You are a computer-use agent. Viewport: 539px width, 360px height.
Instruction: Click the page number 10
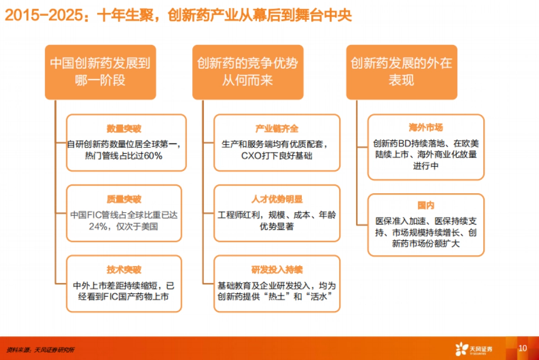[522, 348]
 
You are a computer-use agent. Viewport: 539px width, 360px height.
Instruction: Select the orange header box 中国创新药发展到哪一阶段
[100, 71]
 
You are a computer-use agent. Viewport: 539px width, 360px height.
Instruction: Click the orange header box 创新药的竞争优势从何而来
[247, 71]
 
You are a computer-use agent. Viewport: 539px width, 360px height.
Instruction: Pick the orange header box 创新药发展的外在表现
[402, 71]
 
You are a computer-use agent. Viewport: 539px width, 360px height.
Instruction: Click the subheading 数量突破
[124, 129]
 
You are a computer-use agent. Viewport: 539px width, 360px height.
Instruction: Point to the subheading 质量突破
[124, 199]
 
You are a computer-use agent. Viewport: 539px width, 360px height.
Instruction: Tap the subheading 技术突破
[124, 270]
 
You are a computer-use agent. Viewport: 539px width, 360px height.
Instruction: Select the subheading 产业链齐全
[277, 129]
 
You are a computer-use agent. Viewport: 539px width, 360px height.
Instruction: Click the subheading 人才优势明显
[277, 199]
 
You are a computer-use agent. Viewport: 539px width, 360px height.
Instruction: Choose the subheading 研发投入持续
[277, 270]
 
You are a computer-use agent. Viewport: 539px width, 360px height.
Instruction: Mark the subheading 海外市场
[426, 128]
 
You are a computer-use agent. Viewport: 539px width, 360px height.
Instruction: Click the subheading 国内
[426, 206]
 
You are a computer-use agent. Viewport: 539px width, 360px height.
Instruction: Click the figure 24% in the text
[98, 227]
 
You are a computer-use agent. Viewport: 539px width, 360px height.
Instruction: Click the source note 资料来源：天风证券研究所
[40, 349]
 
